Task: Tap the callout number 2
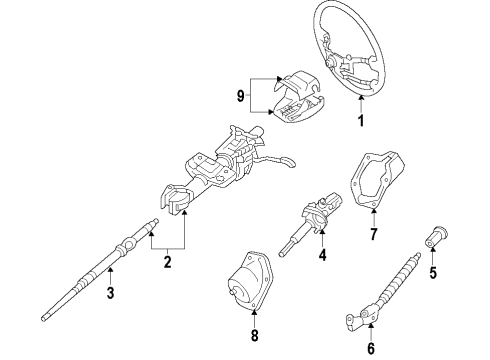[167, 263]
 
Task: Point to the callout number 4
[322, 255]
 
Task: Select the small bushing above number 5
[435, 241]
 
